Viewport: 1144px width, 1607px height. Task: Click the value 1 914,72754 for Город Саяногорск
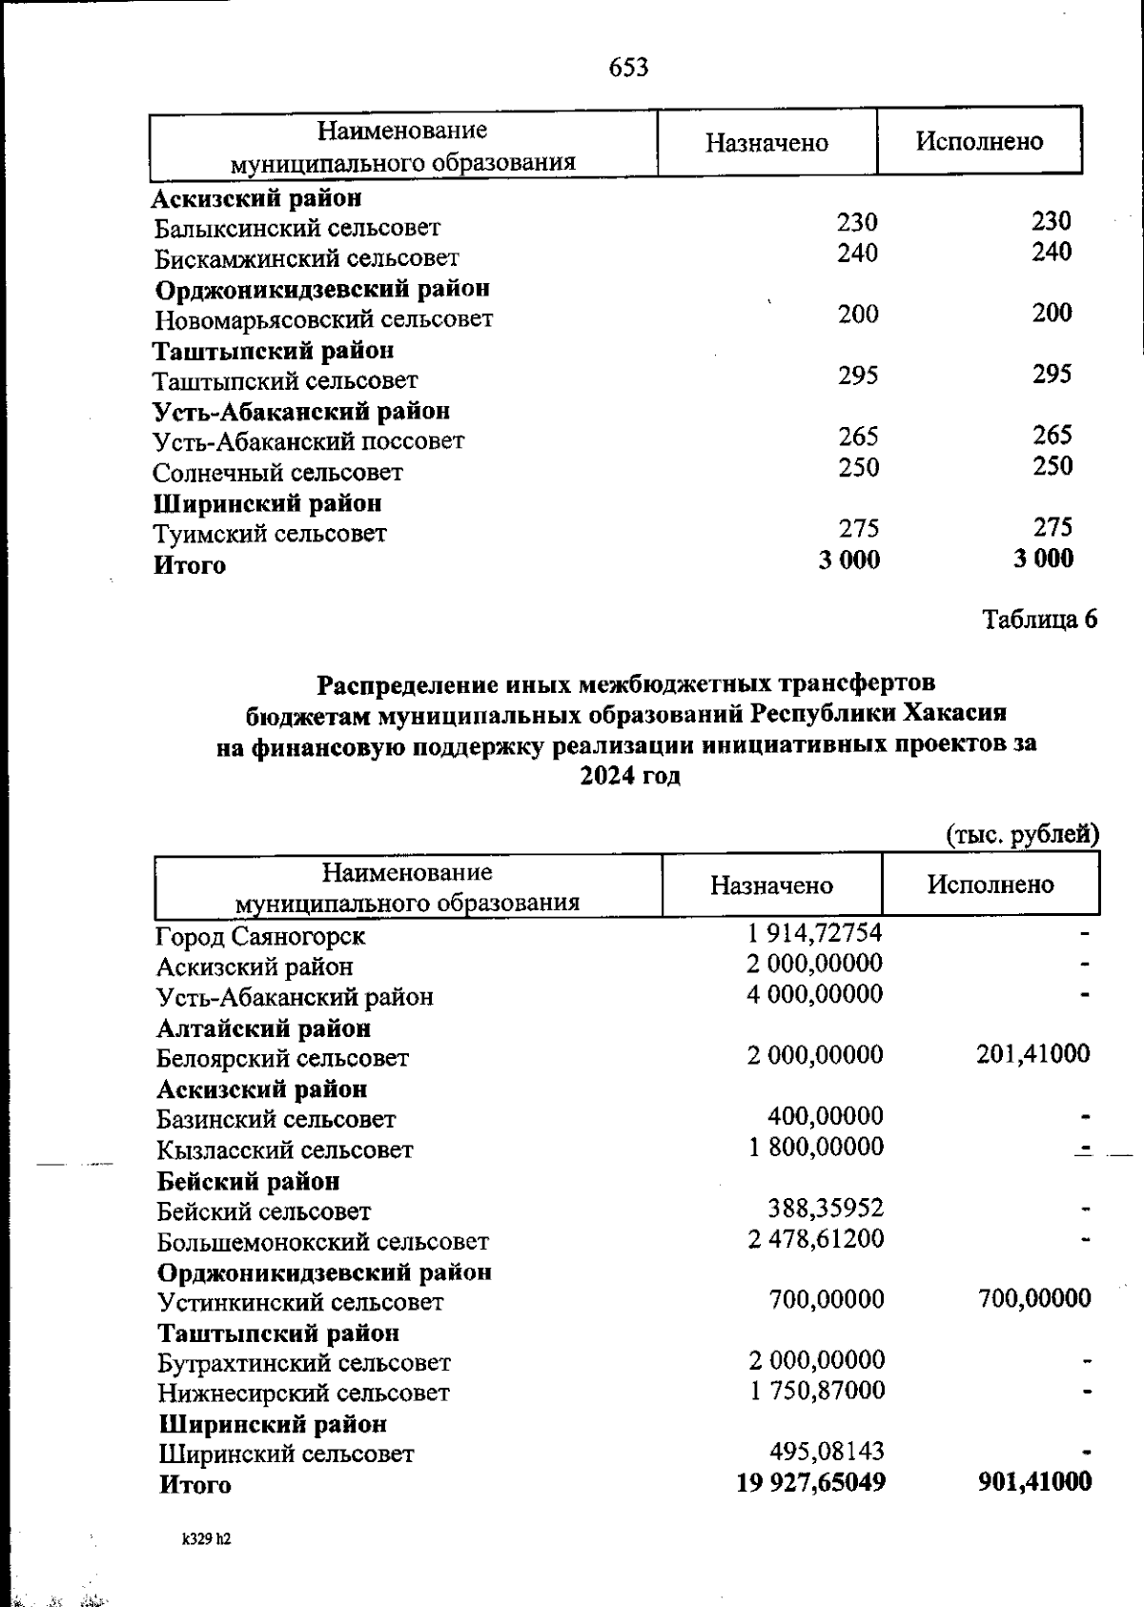(x=815, y=932)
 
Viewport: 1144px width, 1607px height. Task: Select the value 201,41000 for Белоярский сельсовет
(x=1033, y=1053)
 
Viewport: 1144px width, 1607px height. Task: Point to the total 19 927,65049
(x=811, y=1482)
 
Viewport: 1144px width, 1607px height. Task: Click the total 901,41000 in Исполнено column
(x=1034, y=1481)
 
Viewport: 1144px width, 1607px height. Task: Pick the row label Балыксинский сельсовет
(x=297, y=229)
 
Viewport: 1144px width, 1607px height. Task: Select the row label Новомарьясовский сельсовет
(x=324, y=319)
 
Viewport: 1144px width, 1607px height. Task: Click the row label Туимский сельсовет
(x=271, y=534)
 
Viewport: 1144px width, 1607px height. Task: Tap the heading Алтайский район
(x=264, y=1028)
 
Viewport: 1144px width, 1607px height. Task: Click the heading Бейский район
(x=248, y=1181)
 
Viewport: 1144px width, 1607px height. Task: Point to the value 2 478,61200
(x=816, y=1238)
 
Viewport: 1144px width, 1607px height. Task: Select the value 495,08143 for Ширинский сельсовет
(x=827, y=1452)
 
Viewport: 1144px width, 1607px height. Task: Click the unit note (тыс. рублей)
(x=1022, y=835)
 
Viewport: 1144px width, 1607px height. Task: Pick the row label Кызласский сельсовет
(x=285, y=1150)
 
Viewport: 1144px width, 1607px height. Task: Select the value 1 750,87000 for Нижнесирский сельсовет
(x=817, y=1391)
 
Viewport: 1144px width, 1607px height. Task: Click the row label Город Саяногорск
(x=260, y=937)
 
